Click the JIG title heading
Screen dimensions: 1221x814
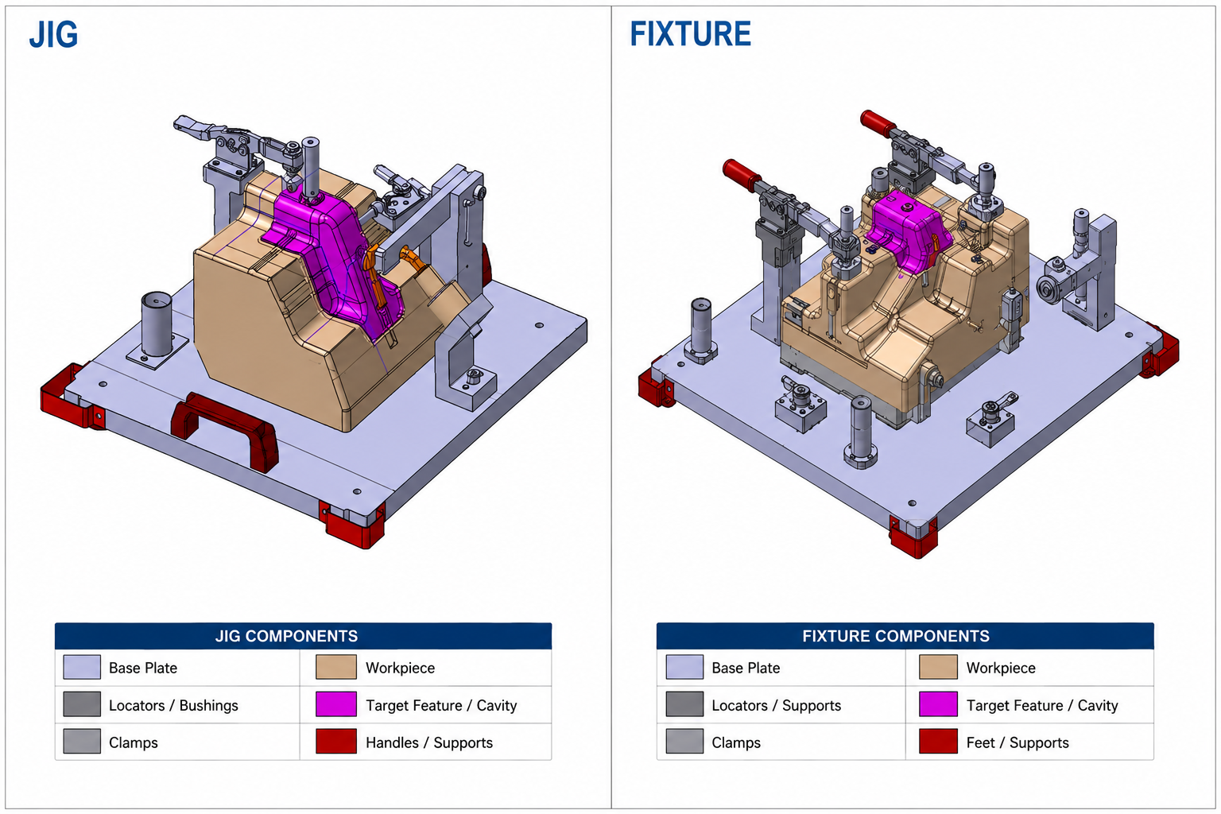coord(53,35)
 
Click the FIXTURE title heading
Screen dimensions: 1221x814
coord(690,34)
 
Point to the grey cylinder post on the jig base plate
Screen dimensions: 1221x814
coord(157,324)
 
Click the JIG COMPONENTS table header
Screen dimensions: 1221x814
coord(287,636)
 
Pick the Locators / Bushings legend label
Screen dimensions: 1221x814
coord(173,706)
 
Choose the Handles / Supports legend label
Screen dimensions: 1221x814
coord(429,742)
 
